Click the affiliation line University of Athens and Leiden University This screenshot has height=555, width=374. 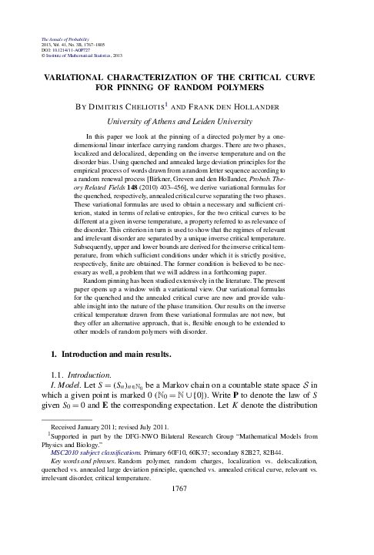point(188,121)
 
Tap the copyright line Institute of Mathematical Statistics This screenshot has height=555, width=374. point(73,56)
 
